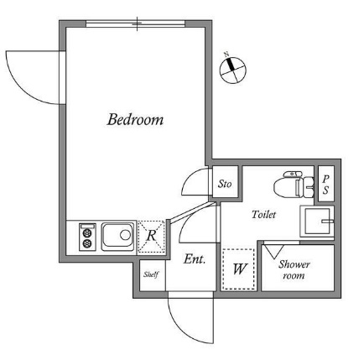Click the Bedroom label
[135, 119]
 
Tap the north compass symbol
[232, 70]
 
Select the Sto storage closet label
[225, 184]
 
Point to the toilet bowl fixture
[294, 185]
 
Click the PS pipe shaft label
[325, 184]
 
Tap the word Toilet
[263, 215]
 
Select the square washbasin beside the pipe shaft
[317, 222]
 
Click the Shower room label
[294, 270]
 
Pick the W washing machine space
[239, 269]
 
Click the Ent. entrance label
[195, 259]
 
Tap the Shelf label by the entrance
[151, 274]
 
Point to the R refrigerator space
[151, 237]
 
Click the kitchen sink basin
[117, 237]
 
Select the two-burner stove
[87, 237]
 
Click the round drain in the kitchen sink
[125, 234]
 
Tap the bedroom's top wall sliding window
[136, 24]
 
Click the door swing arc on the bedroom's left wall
[18, 86]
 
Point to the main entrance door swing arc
[182, 329]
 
